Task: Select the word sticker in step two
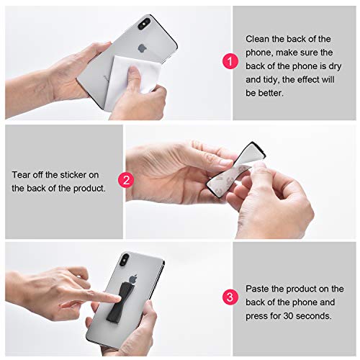[x=85, y=174]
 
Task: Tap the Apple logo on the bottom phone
[x=132, y=277]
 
